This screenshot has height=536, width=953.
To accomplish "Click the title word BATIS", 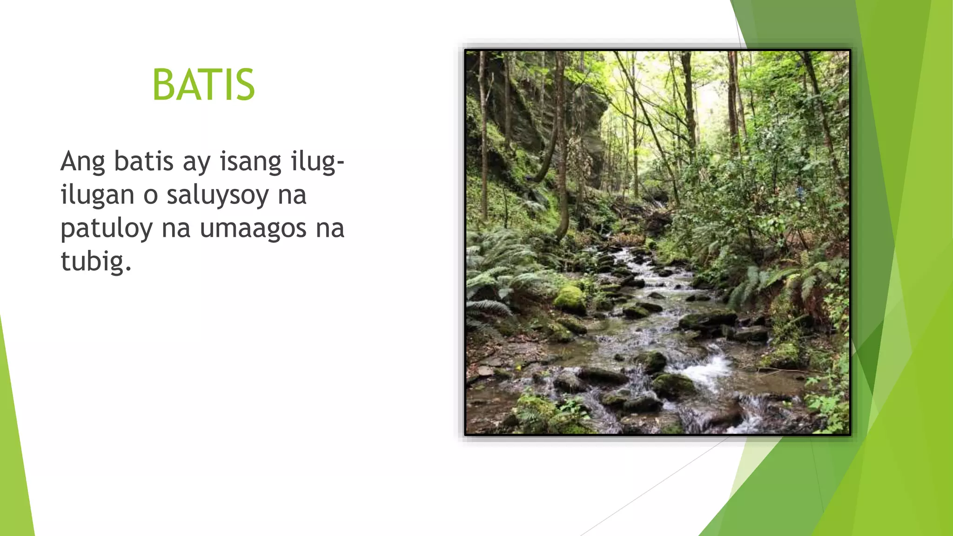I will click(204, 85).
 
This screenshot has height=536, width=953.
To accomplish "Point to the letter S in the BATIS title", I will click(245, 85).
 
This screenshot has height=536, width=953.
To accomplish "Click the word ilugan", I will click(97, 195).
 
